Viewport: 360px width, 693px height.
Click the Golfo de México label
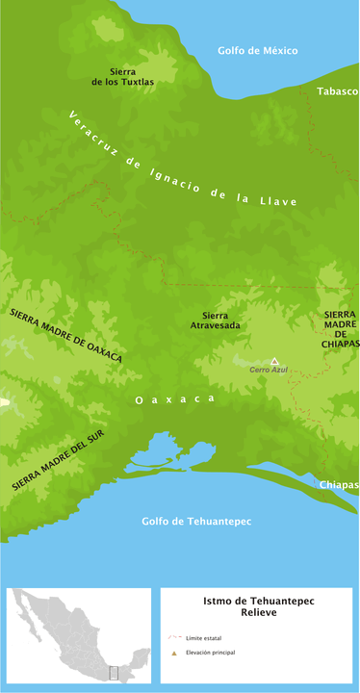click(x=258, y=50)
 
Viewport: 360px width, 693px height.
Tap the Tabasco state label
click(x=338, y=90)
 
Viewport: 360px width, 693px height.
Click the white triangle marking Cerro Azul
click(x=273, y=361)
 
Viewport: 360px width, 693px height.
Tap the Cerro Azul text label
click(x=269, y=371)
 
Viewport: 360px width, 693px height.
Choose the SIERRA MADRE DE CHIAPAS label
click(x=342, y=329)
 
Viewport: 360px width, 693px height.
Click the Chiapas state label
click(x=340, y=484)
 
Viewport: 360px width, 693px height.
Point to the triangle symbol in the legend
click(x=174, y=654)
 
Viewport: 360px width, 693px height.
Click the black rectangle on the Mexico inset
click(x=114, y=673)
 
